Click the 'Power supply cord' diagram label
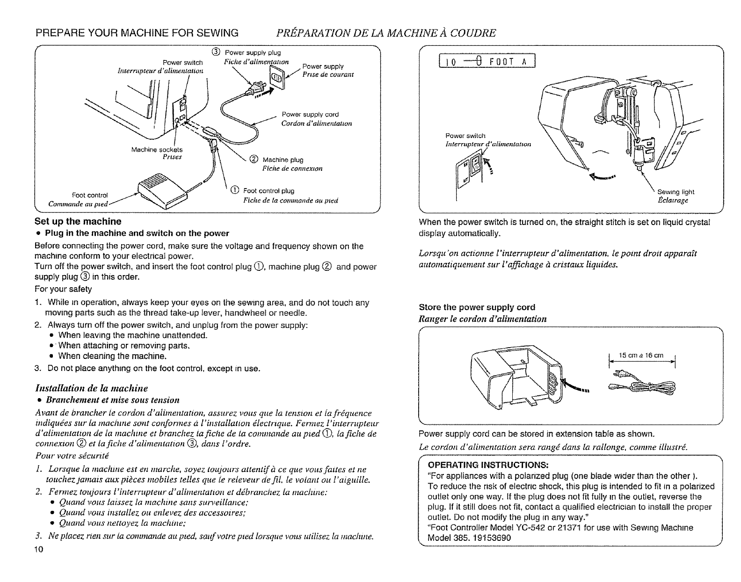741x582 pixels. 310,115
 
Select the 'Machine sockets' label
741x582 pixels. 151,150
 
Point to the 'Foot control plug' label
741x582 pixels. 269,191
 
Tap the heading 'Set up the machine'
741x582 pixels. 78,221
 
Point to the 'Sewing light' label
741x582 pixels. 676,192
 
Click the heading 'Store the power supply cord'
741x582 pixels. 477,307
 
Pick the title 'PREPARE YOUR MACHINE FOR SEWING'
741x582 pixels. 137,33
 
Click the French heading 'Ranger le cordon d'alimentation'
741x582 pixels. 482,319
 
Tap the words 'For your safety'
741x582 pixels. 63,289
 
